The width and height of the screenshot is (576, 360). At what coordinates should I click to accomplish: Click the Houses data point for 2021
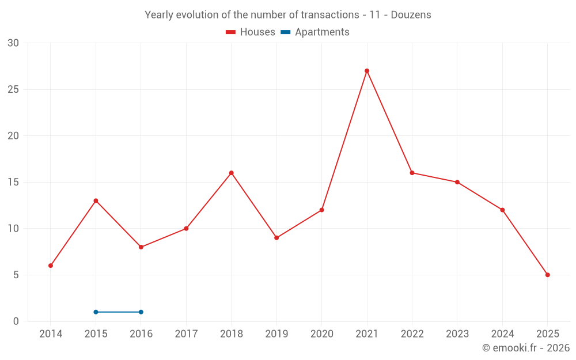(367, 71)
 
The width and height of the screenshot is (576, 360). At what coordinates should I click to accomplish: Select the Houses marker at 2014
(51, 266)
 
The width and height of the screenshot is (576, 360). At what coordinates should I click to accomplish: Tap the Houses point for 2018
(232, 173)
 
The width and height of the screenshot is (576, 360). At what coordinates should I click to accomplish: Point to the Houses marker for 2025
(547, 275)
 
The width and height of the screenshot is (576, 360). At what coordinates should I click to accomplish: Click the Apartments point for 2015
(96, 312)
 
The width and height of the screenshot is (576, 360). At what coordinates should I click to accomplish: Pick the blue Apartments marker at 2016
(141, 312)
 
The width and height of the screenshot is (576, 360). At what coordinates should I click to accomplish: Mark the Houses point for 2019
(276, 238)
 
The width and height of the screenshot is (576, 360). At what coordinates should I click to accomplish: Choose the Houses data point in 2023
(457, 182)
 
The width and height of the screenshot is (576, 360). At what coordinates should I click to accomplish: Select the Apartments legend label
(322, 32)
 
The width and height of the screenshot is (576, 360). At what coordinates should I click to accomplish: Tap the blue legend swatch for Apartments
(285, 32)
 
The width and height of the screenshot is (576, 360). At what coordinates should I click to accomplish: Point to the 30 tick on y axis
(13, 43)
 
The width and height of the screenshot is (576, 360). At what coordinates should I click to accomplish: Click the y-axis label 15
(13, 182)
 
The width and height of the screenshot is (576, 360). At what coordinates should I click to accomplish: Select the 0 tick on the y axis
(16, 321)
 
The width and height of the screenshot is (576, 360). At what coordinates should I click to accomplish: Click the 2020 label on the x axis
(321, 334)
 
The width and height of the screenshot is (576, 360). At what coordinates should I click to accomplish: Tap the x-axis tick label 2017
(186, 334)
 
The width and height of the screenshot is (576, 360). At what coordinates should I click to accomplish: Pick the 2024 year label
(502, 334)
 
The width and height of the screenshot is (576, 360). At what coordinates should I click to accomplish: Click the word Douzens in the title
(411, 15)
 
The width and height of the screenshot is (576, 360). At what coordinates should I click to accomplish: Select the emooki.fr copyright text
(525, 348)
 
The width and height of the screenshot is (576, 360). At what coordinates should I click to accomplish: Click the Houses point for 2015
(96, 200)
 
